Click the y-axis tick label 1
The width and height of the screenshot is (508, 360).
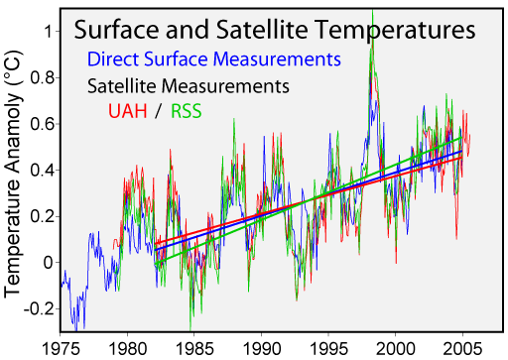[48, 31]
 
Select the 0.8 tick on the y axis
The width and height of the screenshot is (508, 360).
[41, 77]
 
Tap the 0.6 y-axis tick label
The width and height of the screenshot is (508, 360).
[41, 123]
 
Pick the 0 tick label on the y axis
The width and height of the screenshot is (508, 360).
[48, 262]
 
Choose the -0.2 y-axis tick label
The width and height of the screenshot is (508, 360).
[38, 308]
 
